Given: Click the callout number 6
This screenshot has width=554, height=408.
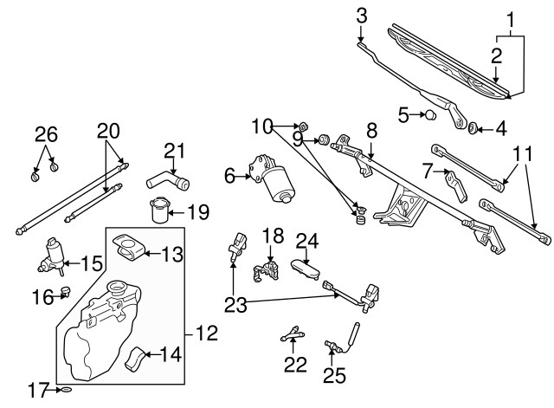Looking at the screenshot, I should [229, 176].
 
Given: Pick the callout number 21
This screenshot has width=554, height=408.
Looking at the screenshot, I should [176, 151].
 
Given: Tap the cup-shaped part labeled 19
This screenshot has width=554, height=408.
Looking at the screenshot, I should [158, 210].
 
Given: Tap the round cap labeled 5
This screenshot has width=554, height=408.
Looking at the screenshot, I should [428, 114].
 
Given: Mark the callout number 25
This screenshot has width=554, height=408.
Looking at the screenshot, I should [333, 375].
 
